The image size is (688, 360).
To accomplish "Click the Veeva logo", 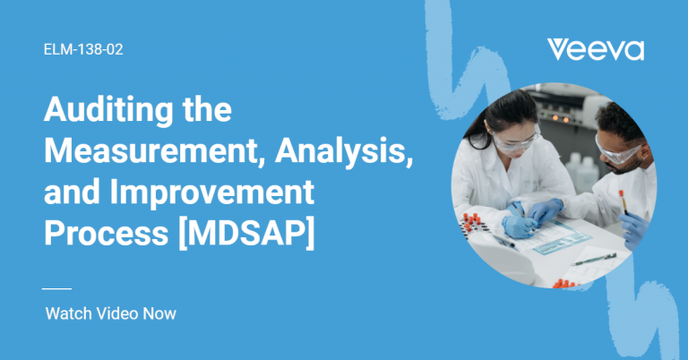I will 595,49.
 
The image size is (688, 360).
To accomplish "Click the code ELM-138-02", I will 83,50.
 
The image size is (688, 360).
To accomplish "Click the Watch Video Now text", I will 110,313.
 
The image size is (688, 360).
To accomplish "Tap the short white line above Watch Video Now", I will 56,288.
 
